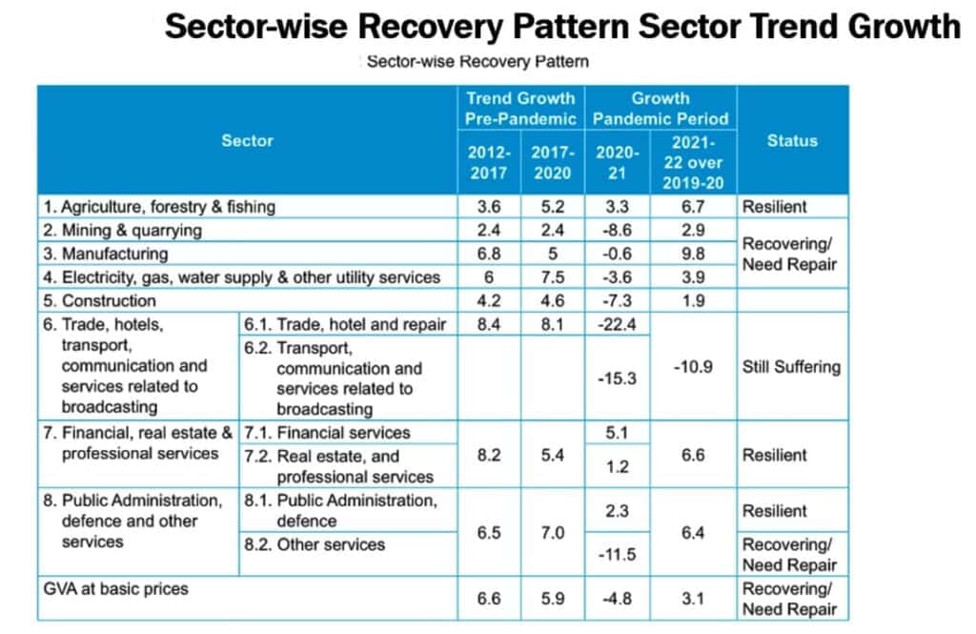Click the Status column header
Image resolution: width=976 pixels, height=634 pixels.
[791, 140]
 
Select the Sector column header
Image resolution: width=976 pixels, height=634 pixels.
[247, 140]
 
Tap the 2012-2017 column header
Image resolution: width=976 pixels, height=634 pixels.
[489, 162]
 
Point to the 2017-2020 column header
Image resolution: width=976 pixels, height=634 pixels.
[553, 162]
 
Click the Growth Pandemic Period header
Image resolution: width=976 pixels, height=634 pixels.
[661, 109]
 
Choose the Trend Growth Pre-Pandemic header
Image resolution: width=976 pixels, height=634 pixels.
[520, 109]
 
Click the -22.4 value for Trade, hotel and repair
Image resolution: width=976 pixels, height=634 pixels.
[617, 324]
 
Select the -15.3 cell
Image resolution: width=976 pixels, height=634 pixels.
[617, 378]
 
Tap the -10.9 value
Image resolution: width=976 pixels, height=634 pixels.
[693, 367]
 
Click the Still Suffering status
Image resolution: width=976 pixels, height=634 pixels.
[791, 367]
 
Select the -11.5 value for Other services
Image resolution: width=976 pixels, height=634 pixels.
[617, 554]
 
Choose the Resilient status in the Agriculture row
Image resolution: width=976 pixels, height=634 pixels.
[774, 206]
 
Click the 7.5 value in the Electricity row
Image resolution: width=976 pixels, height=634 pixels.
[553, 277]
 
